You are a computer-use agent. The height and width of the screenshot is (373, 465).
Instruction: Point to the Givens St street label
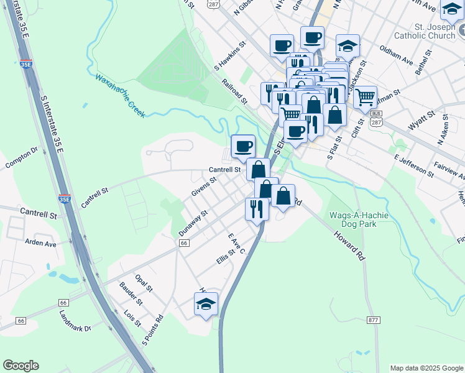pos(203,186)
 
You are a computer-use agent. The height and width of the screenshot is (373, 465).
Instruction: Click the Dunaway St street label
pos(192,223)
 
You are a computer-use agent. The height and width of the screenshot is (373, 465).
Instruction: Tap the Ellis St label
pos(225,256)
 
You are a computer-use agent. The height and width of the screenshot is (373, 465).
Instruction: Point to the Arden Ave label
pos(40,243)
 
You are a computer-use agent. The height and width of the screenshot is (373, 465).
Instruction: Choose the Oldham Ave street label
pos(396,55)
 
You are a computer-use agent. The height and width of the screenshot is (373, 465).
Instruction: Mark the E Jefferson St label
pos(414,162)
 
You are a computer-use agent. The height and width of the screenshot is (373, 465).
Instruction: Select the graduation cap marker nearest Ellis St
pos(206,304)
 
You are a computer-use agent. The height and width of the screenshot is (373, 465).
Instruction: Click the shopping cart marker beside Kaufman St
pos(365,96)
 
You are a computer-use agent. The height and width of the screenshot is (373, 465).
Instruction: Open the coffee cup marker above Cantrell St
pos(243,146)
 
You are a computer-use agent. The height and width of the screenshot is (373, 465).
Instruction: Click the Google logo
pos(21,366)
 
